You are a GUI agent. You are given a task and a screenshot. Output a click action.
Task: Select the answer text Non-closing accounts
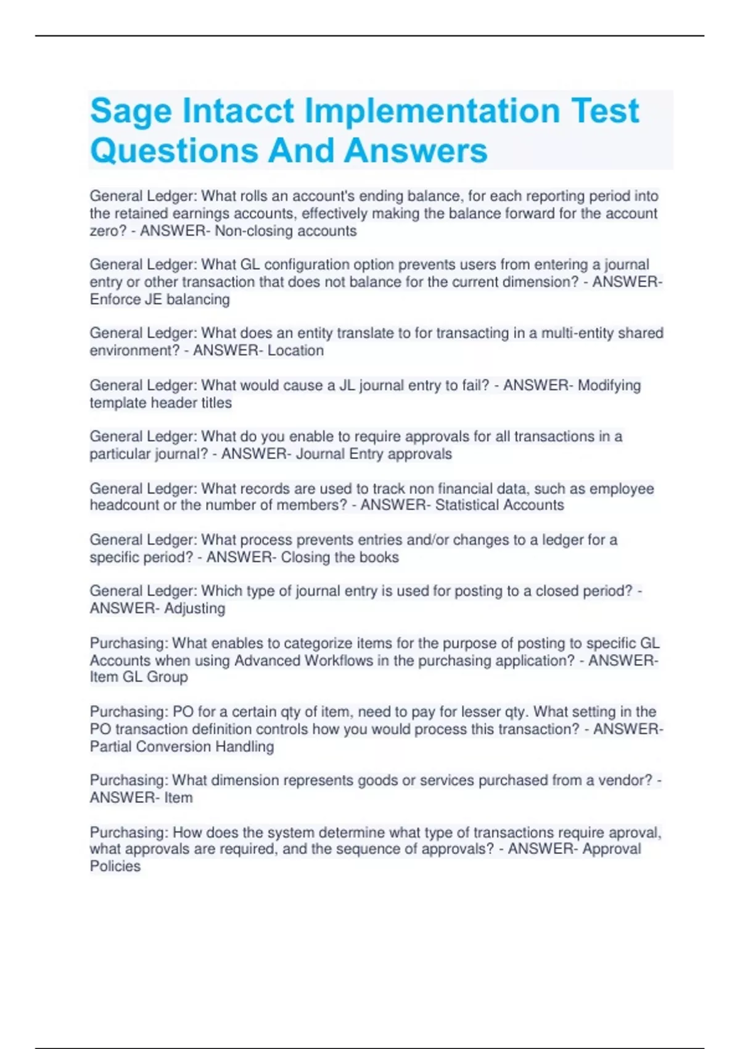click(x=286, y=231)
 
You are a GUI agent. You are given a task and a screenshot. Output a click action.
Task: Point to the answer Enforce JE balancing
click(x=160, y=300)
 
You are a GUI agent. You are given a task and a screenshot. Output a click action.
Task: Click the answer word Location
click(x=295, y=350)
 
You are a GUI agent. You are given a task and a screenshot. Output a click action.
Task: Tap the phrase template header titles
click(x=161, y=403)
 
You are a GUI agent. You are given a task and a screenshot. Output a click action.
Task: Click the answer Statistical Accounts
click(x=499, y=505)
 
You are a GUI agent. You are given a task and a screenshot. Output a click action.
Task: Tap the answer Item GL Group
click(x=139, y=677)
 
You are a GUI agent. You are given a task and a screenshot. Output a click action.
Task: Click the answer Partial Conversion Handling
click(x=182, y=747)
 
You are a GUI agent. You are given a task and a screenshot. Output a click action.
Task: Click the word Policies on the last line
click(x=115, y=866)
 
